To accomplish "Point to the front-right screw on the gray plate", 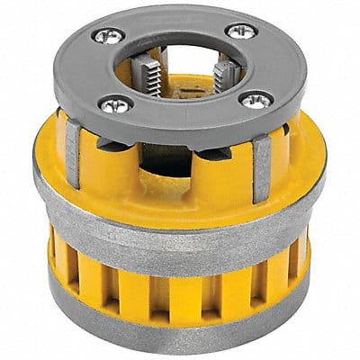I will click(x=256, y=100).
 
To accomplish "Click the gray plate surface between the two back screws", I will click(x=171, y=22).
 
